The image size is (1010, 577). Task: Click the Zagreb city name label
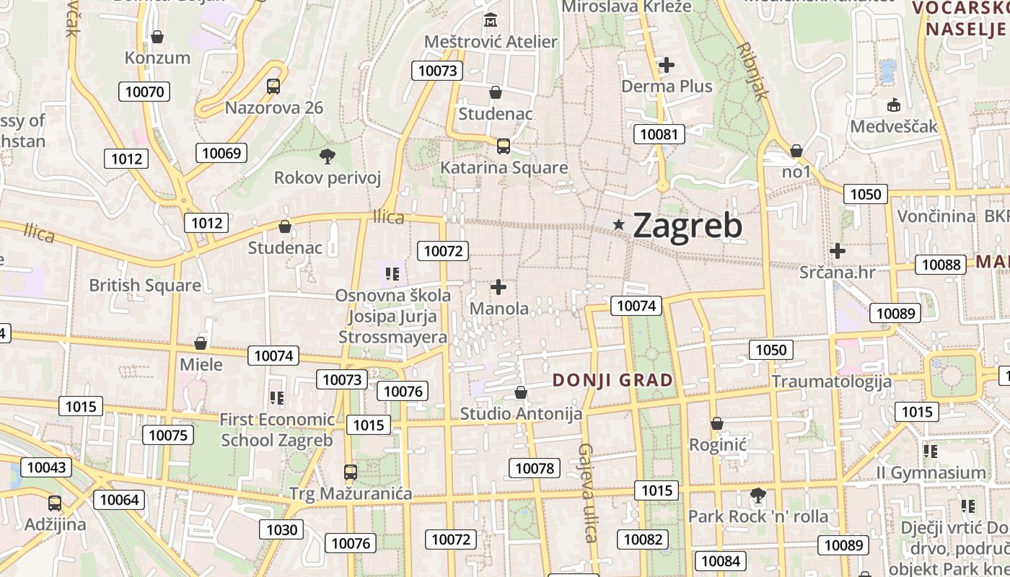[688, 226]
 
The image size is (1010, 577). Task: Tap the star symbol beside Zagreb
[618, 225]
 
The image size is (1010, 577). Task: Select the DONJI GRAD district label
[612, 380]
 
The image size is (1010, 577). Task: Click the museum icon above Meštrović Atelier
[491, 20]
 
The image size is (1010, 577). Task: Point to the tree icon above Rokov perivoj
[327, 156]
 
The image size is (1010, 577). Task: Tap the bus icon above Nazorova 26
[273, 87]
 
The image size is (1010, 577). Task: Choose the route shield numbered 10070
[145, 92]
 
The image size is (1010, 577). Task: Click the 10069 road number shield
[221, 153]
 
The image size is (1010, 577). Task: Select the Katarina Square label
[504, 168]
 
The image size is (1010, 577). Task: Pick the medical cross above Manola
[499, 287]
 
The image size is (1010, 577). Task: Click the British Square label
[145, 286]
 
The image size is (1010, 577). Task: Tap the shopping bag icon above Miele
[201, 343]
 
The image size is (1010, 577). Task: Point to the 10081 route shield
[659, 134]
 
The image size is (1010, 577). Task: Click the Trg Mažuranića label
[351, 494]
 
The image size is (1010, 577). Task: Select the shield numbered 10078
[535, 468]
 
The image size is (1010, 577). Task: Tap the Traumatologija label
[832, 382]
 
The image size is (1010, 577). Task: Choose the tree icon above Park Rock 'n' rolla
[757, 495]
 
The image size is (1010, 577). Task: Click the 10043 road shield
[46, 467]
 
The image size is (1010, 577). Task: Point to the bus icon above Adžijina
[55, 503]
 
